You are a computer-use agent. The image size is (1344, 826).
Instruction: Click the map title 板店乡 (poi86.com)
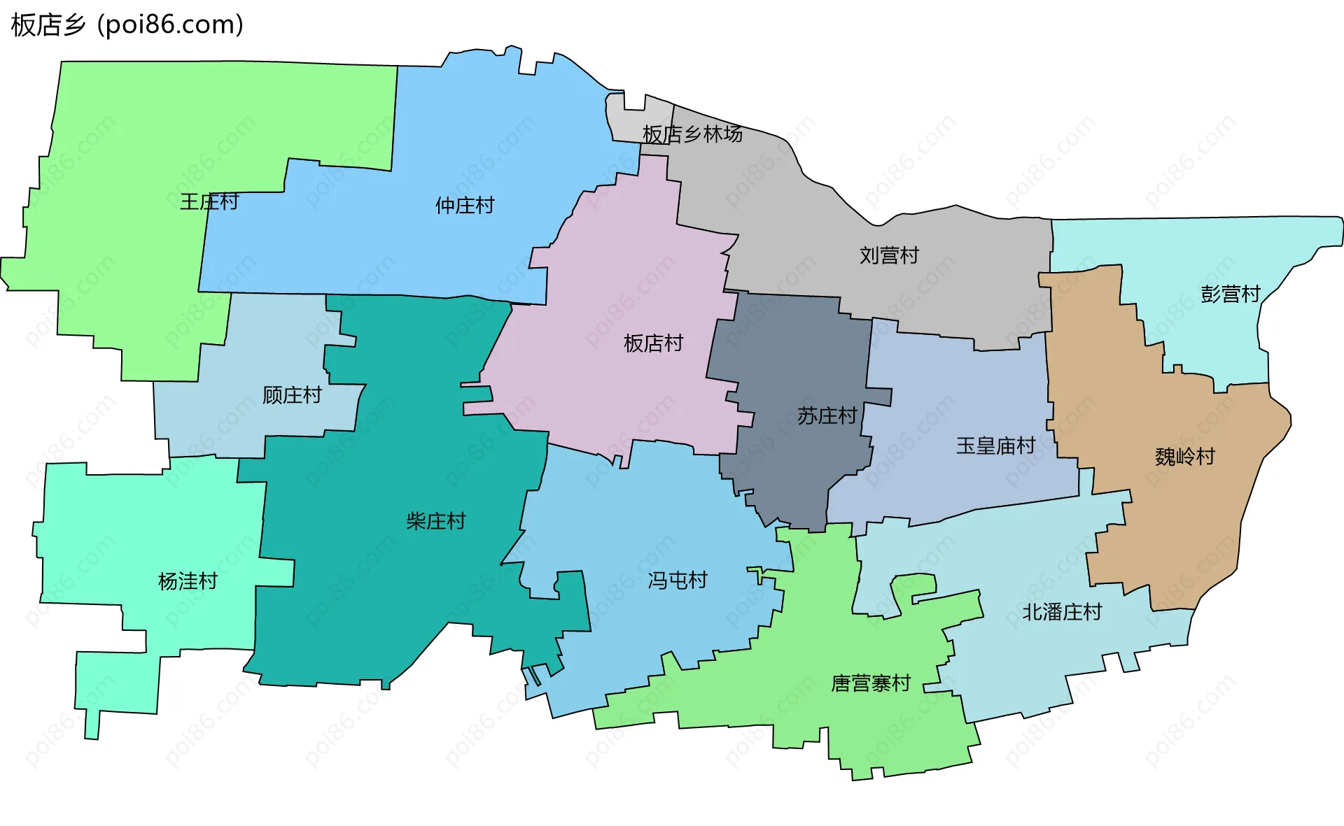(x=127, y=25)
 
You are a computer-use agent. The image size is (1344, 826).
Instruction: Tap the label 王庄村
(x=209, y=202)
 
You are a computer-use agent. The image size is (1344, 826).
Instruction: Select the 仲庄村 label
(x=465, y=206)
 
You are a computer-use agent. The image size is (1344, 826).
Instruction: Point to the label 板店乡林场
(x=692, y=134)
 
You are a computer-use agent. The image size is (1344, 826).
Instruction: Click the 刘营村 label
(x=889, y=255)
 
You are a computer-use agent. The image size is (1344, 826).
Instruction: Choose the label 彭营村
(x=1230, y=294)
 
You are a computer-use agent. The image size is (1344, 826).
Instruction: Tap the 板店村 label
(x=653, y=343)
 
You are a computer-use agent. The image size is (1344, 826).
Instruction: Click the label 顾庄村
(x=292, y=396)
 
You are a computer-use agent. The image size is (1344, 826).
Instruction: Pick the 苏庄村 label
(x=827, y=416)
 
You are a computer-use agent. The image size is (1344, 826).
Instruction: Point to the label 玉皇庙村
(x=995, y=446)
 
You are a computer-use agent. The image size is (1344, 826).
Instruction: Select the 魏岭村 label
(x=1184, y=457)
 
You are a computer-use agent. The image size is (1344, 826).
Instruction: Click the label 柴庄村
(x=435, y=522)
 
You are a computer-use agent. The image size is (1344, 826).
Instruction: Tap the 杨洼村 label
(x=188, y=582)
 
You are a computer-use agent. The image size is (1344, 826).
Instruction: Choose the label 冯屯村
(x=677, y=581)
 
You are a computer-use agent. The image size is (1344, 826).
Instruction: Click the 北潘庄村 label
(x=1062, y=613)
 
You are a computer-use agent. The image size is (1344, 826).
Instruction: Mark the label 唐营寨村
(x=871, y=683)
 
